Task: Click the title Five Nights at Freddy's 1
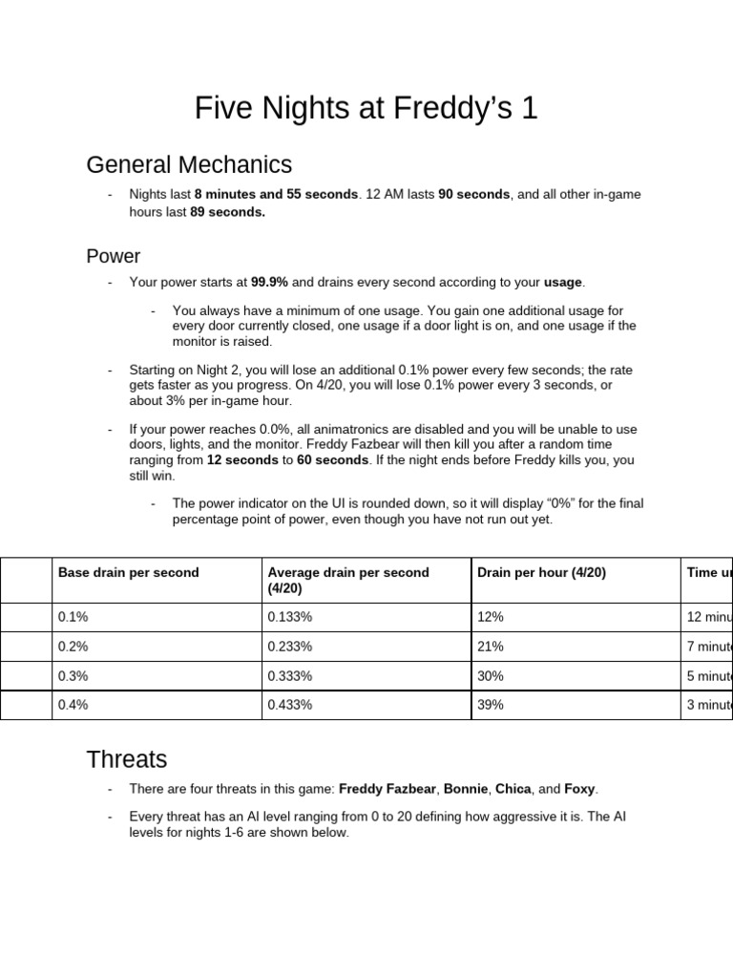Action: point(366,108)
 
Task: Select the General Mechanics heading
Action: point(189,165)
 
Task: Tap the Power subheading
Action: point(113,256)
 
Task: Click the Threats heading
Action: point(126,759)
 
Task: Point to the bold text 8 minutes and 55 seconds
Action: point(276,194)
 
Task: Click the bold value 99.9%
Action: point(269,283)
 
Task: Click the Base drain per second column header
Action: point(129,573)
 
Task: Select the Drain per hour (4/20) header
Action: point(541,573)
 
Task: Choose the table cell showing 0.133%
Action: point(290,618)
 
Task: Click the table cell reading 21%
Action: point(490,647)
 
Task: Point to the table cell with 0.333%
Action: point(290,676)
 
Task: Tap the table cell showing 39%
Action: point(490,706)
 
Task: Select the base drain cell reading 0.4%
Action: point(73,706)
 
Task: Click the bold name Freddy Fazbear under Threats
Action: point(387,789)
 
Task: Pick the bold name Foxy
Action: point(579,789)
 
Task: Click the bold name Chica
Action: point(513,789)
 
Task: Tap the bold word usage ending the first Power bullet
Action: point(562,283)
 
